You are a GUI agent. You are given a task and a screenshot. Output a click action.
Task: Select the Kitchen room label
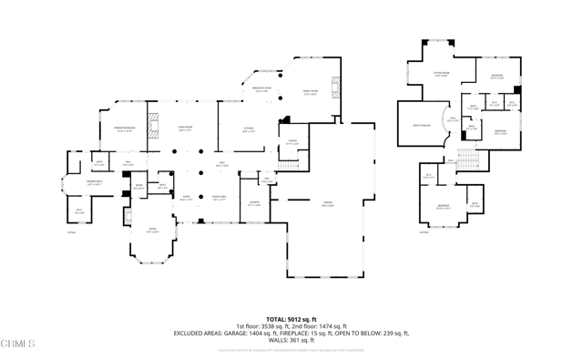[249, 130]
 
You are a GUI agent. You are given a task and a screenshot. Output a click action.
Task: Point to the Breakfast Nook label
[261, 90]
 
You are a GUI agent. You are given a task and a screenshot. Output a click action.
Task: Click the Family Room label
[310, 93]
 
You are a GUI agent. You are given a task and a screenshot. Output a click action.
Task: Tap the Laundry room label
[255, 205]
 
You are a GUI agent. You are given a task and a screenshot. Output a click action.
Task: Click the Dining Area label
[219, 197]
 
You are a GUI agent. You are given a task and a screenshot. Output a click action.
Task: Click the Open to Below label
[421, 126]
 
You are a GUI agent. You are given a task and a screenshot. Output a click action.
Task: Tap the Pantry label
[292, 143]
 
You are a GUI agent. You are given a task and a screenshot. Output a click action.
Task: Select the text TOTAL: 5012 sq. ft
[291, 318]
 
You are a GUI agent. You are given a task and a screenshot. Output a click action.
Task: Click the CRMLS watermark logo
[18, 344]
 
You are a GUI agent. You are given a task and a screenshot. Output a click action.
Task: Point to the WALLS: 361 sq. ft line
[291, 340]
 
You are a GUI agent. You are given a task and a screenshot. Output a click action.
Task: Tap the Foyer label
[185, 197]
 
